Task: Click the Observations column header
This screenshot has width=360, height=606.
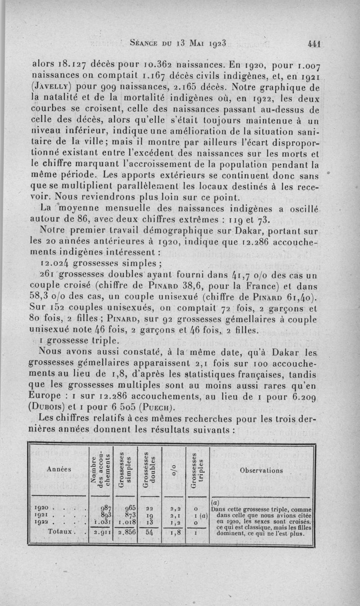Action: [x=261, y=471]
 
